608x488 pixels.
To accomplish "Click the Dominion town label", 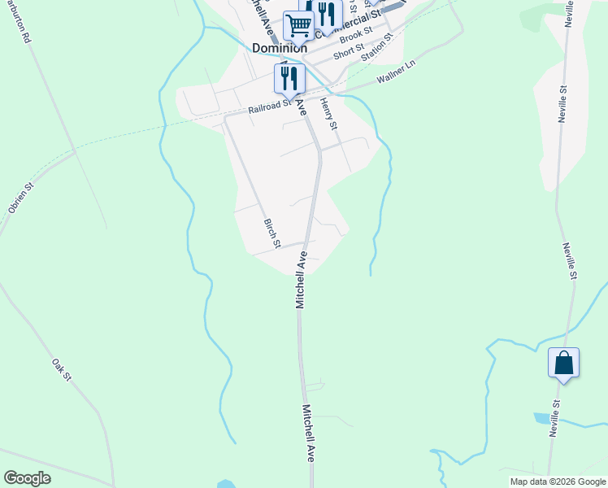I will [280, 48].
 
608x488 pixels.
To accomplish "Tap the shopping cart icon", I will [298, 27].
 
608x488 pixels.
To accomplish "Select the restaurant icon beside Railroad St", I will [289, 79].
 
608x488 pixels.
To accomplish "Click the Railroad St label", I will [270, 106].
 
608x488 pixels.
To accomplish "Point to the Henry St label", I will [327, 114].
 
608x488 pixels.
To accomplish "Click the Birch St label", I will [272, 233].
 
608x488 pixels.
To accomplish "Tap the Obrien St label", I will [20, 198].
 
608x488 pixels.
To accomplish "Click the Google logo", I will [27, 478].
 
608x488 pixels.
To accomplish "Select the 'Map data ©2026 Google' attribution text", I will [558, 481].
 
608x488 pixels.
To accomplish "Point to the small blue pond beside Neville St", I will [541, 418].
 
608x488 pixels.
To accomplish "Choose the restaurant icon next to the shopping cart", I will [325, 15].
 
